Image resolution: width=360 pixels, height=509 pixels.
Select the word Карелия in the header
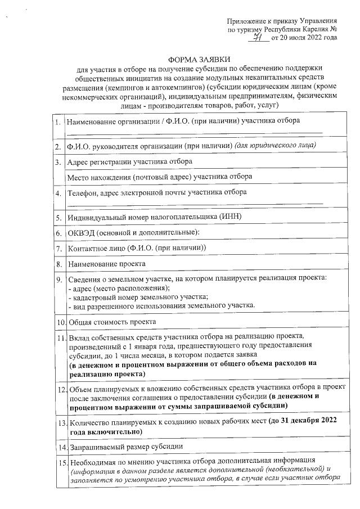[309, 29]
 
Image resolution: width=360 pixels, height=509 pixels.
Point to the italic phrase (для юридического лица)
[276, 146]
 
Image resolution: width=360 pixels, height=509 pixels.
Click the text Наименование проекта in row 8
[106, 263]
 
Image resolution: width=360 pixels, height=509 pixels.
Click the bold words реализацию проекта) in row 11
[106, 373]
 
